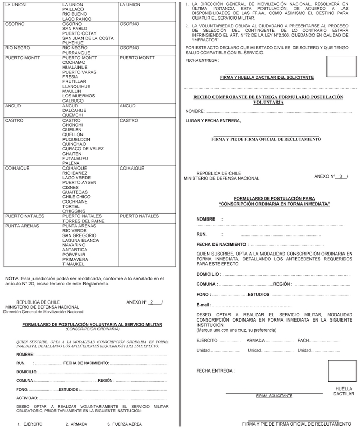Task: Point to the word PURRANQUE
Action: (76, 53)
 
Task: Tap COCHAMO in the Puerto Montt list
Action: (74, 62)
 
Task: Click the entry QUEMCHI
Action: (73, 115)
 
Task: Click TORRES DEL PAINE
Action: (83, 221)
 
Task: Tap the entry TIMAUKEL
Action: (74, 264)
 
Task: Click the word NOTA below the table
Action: (12, 278)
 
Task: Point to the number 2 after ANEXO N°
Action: (151, 302)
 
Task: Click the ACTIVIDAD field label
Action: (27, 398)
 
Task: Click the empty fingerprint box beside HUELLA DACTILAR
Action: (342, 371)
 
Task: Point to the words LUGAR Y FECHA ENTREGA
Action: (213, 120)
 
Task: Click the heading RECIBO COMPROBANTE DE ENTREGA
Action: (268, 97)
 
